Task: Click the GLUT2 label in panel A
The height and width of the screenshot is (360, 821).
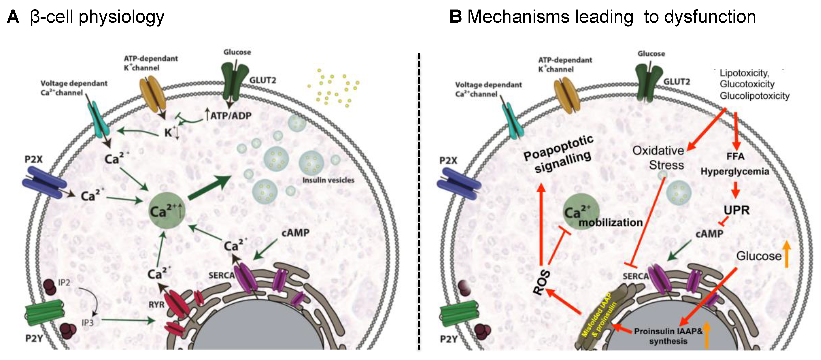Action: pyautogui.click(x=263, y=80)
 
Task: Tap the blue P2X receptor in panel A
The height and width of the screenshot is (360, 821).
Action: pyautogui.click(x=45, y=183)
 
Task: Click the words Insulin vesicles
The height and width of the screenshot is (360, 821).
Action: pyautogui.click(x=328, y=180)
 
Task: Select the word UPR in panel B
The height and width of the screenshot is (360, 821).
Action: pyautogui.click(x=736, y=210)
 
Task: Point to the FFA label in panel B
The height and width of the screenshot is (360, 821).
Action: pyautogui.click(x=736, y=156)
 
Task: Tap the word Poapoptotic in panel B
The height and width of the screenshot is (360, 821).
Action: pyautogui.click(x=558, y=147)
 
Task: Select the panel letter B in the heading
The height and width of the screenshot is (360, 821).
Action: pyautogui.click(x=455, y=17)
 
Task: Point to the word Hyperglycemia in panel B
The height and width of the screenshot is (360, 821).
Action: pyautogui.click(x=735, y=172)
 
